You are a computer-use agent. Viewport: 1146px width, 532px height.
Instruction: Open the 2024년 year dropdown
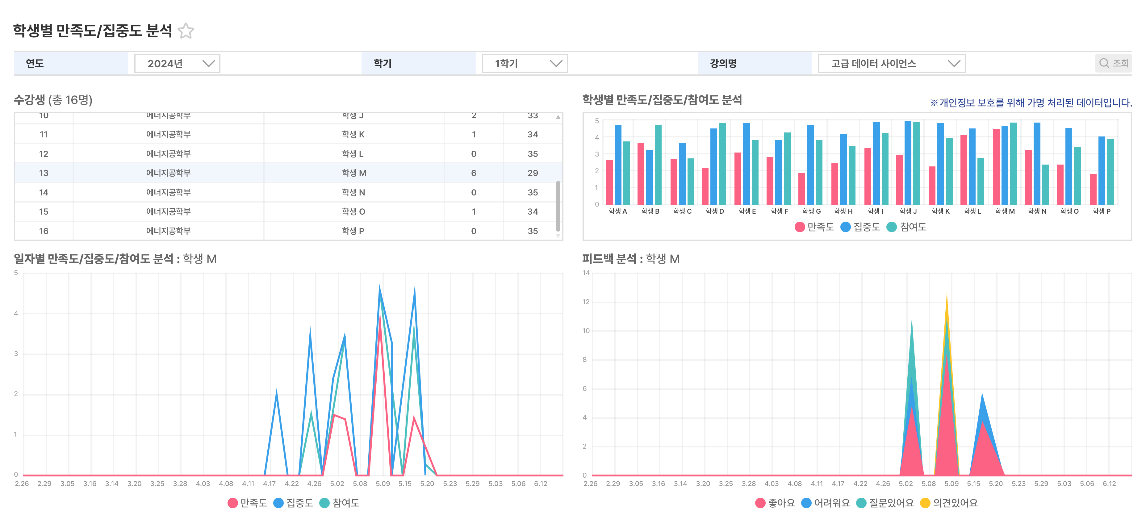177,64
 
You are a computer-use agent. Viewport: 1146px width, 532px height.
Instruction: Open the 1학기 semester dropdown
525,64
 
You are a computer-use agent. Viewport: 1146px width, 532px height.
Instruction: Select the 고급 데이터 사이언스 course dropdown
892,64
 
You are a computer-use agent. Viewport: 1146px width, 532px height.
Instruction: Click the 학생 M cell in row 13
354,173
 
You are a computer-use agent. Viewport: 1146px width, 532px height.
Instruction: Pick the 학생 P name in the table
353,231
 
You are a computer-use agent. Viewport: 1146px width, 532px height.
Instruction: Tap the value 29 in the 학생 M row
533,173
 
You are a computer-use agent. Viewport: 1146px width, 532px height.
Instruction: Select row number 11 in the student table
44,134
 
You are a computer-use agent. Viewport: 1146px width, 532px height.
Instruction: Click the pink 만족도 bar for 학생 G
802,189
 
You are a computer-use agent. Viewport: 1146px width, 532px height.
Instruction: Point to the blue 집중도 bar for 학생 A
618,165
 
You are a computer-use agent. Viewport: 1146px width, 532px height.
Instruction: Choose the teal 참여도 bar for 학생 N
1045,185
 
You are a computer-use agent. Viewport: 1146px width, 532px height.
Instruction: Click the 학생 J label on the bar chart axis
908,211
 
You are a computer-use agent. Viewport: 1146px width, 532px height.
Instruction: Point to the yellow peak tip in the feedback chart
947,294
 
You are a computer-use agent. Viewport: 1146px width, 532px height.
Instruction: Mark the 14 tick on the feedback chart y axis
586,273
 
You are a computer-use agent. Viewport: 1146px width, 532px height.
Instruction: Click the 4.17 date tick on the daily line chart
269,484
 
